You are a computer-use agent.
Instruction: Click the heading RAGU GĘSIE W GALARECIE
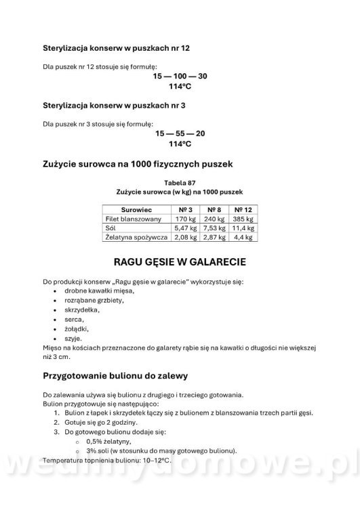(x=180, y=262)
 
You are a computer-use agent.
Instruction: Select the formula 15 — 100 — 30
(x=180, y=76)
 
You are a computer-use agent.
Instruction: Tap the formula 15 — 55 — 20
(x=180, y=133)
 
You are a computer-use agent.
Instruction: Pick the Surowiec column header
(x=136, y=210)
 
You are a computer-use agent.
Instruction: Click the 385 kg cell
(x=243, y=219)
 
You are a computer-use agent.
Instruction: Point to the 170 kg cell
(x=185, y=219)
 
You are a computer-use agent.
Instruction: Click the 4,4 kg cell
(x=243, y=238)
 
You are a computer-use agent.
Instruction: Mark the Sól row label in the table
(x=111, y=229)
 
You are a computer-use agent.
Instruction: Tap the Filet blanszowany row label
(x=133, y=219)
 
